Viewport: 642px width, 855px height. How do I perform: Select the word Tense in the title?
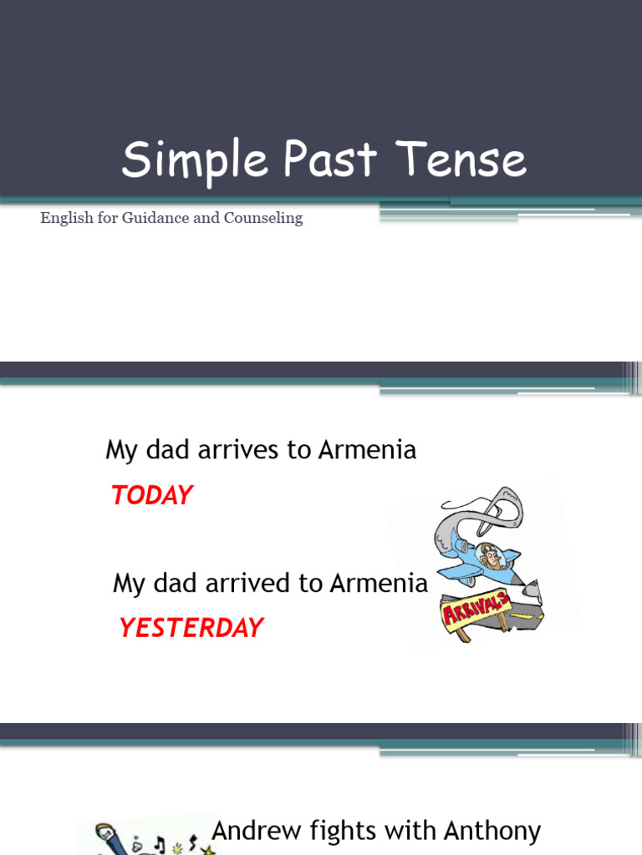coord(462,160)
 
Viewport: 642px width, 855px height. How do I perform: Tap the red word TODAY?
coord(151,495)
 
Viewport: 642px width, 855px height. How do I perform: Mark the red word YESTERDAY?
coord(191,628)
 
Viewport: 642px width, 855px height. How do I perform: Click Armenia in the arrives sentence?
coord(367,450)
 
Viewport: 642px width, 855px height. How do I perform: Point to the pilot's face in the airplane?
coord(492,557)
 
